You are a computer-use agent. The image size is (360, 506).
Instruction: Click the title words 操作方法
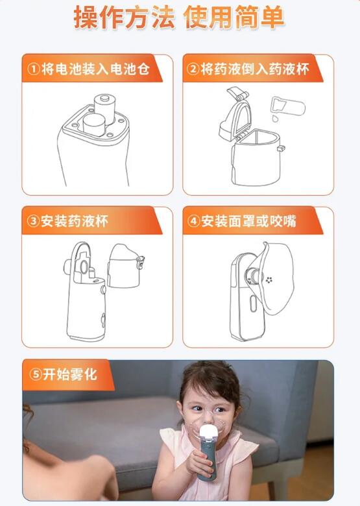point(123,18)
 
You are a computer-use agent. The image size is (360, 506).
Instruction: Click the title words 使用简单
point(235,18)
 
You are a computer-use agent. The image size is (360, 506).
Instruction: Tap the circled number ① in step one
point(34,69)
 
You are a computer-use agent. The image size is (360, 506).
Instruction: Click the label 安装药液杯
point(75,221)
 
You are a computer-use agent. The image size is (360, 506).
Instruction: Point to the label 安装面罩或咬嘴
point(248,221)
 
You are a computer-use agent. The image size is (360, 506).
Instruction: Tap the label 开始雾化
point(71,374)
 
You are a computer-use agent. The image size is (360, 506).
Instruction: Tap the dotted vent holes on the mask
point(269,280)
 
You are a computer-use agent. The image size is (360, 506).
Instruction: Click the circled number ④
point(193,221)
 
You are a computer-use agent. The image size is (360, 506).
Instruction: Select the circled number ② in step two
point(193,69)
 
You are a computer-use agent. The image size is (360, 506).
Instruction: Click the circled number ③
point(34,221)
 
